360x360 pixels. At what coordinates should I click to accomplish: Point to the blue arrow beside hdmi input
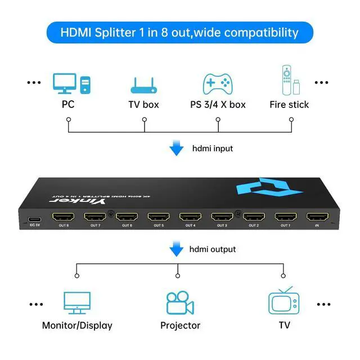[177, 149]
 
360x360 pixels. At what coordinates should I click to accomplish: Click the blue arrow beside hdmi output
[177, 249]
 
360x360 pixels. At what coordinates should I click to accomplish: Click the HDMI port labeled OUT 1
[286, 217]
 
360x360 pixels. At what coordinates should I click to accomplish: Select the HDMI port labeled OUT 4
[191, 217]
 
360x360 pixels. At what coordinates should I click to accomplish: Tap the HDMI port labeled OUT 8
[63, 217]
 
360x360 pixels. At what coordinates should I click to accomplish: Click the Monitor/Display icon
[76, 304]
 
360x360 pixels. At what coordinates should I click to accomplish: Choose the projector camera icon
[180, 303]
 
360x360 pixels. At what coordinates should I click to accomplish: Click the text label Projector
[180, 326]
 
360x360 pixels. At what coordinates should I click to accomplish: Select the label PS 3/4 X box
[218, 105]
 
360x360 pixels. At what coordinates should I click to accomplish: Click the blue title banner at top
[179, 32]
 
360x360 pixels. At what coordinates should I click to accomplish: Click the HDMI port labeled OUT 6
[127, 217]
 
